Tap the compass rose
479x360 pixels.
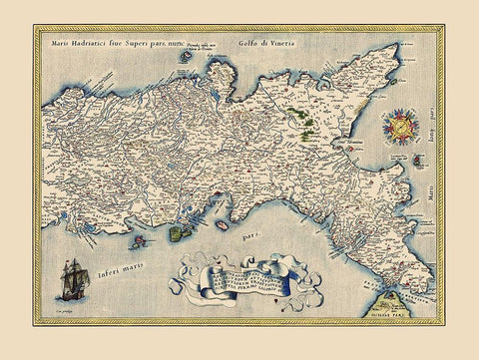coord(401,128)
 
